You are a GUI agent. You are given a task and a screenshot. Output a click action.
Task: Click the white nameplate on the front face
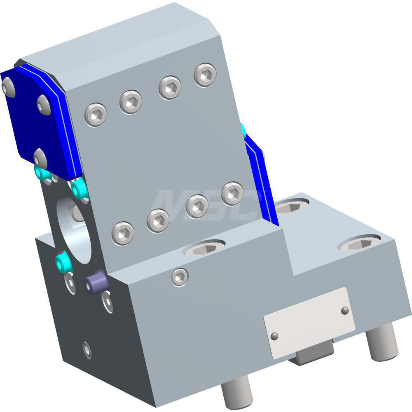pyautogui.click(x=309, y=317)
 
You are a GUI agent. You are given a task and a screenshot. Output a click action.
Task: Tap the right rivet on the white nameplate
pyautogui.click(x=345, y=310)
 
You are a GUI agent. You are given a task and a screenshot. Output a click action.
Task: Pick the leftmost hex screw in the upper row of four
pyautogui.click(x=96, y=115)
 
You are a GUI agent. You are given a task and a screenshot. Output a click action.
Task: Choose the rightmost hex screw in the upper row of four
pyautogui.click(x=205, y=75)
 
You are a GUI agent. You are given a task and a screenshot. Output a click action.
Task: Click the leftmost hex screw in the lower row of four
pyautogui.click(x=123, y=234)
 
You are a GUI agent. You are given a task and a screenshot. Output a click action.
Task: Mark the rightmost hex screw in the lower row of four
pyautogui.click(x=232, y=193)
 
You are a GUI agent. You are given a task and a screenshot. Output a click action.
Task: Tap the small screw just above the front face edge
pyautogui.click(x=180, y=277)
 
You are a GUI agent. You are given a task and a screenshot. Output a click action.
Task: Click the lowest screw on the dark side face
pyautogui.click(x=87, y=350)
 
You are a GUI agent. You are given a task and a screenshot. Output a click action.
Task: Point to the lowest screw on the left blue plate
pyautogui.click(x=40, y=158)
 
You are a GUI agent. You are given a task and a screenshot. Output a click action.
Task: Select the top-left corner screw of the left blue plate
pyautogui.click(x=8, y=87)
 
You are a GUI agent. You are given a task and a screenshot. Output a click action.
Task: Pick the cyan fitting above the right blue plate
pyautogui.click(x=243, y=131)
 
